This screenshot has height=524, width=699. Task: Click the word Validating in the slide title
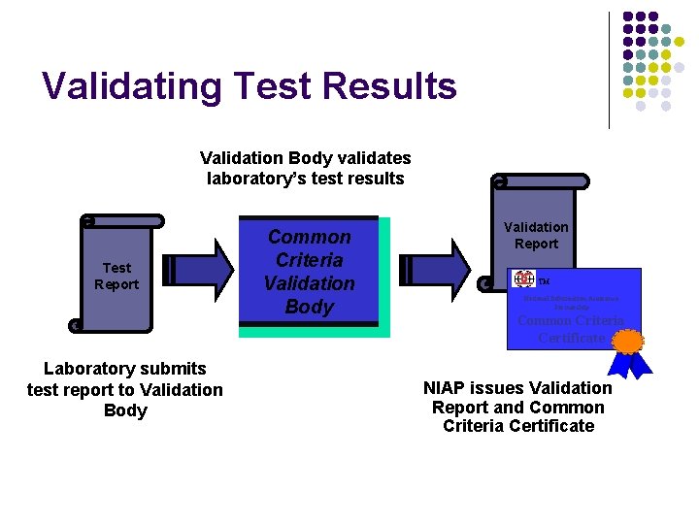(x=126, y=86)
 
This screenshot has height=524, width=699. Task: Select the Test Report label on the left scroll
(x=116, y=276)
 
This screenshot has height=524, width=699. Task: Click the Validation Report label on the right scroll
(x=536, y=235)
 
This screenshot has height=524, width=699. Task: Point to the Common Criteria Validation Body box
(x=310, y=272)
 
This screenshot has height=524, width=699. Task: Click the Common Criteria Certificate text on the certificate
(x=572, y=329)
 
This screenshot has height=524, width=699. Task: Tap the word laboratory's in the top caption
(x=255, y=179)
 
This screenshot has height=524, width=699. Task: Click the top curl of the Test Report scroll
(x=87, y=221)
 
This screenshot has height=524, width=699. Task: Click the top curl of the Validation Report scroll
(x=499, y=181)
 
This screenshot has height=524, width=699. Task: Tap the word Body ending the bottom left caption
(x=125, y=410)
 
